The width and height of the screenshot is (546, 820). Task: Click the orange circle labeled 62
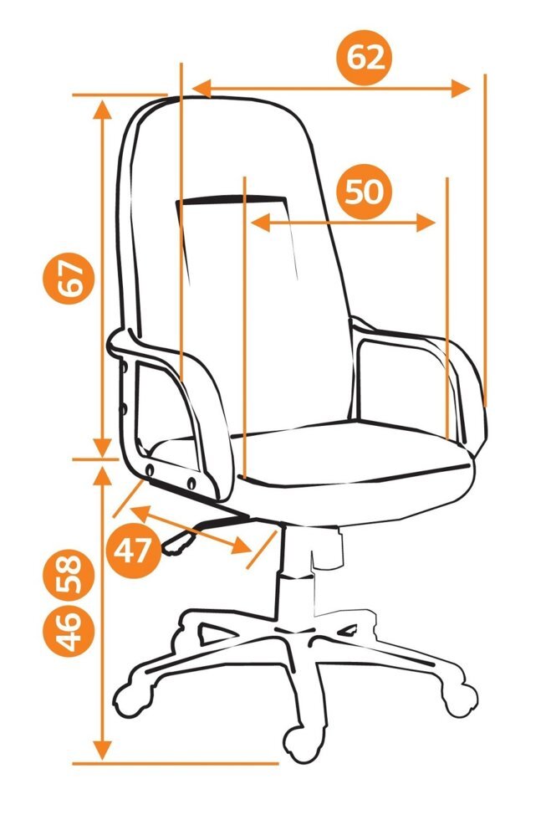(365, 58)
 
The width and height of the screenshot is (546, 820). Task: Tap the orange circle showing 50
(365, 192)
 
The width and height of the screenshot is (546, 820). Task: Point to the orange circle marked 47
(134, 551)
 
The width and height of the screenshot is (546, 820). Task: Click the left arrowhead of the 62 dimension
(202, 89)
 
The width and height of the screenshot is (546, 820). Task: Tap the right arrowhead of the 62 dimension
(461, 89)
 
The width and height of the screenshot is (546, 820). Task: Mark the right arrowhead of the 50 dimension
(426, 223)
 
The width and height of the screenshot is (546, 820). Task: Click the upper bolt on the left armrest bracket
(125, 368)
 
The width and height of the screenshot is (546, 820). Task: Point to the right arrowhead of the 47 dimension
(242, 546)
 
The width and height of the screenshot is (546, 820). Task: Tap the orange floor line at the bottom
(175, 763)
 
